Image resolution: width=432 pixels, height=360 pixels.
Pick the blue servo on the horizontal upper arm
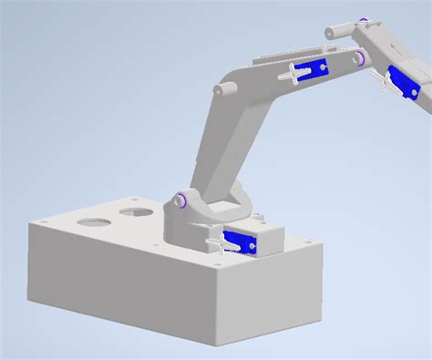[x=315, y=67]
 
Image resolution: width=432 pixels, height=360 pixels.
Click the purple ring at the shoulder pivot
[x=181, y=200]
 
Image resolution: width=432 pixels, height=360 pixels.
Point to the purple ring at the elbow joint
[x=361, y=58]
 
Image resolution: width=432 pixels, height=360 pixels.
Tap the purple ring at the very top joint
[x=364, y=21]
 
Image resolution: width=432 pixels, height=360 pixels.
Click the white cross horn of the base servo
[x=219, y=243]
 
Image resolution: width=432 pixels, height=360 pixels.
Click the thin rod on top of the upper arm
[x=273, y=58]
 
